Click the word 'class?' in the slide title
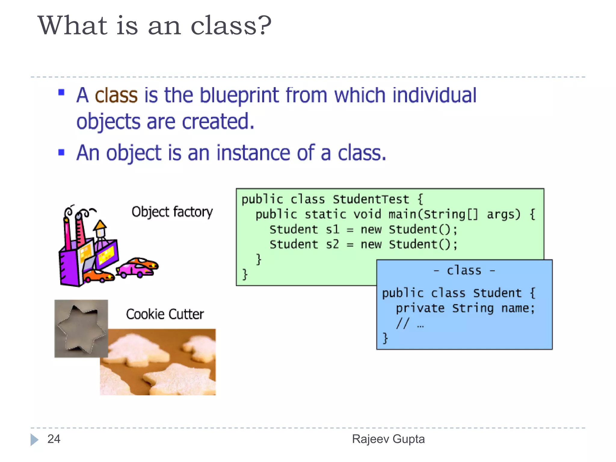point(231,26)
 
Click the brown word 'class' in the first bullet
point(116,95)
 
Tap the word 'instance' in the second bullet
point(253,153)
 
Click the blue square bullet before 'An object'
point(61,152)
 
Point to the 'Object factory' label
point(172,212)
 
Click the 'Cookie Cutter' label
point(165,314)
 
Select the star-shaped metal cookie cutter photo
point(81,328)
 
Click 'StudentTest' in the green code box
point(371,199)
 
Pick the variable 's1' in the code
point(332,229)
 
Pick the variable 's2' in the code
point(332,244)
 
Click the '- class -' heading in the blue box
point(464,271)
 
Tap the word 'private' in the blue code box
point(420,308)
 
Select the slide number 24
point(54,439)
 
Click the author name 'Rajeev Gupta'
point(388,439)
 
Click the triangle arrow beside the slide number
point(34,440)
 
